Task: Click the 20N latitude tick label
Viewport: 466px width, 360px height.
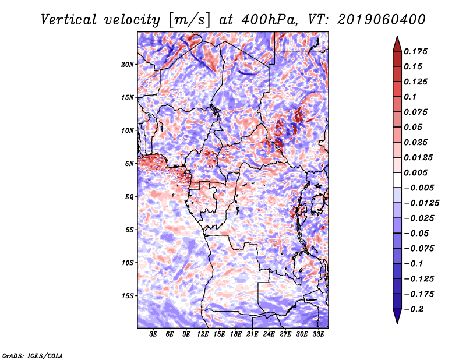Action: coord(128,65)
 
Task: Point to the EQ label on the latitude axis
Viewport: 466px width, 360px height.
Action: coord(129,197)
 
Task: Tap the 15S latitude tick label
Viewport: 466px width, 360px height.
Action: coord(128,296)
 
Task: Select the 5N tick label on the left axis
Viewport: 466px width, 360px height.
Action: coord(129,164)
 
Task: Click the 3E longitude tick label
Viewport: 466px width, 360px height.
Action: coord(153,334)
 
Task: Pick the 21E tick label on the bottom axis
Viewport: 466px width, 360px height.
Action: coord(252,334)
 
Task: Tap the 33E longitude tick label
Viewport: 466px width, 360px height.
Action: coord(318,334)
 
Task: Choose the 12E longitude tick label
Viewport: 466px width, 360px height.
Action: coord(203,334)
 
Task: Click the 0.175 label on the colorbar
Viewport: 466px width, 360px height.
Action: coord(415,51)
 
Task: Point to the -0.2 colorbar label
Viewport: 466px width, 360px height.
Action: coord(414,309)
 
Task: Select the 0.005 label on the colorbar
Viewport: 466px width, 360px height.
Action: coord(415,172)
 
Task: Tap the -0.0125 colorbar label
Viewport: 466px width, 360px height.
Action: coord(421,203)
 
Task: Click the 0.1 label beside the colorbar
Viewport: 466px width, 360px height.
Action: coord(410,97)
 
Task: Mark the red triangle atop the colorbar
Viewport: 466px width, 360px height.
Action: coord(397,44)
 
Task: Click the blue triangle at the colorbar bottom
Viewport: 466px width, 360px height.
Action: coord(397,316)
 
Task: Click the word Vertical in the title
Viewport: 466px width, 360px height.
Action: coord(69,20)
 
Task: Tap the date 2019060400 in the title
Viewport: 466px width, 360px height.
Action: coord(382,20)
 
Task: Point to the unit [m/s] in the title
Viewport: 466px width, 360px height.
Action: coord(189,20)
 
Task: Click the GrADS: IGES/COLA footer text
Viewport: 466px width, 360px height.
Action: coord(33,356)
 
